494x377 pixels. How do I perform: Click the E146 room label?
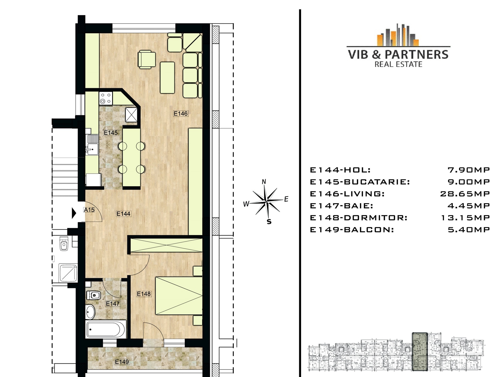181,113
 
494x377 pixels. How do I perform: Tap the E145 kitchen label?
111,133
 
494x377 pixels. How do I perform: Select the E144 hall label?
123,214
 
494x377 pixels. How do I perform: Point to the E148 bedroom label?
144,294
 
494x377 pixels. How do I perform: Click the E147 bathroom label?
113,304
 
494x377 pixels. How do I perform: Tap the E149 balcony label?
122,362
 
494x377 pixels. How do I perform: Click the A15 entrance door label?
89,210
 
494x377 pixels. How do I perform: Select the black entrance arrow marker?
74,213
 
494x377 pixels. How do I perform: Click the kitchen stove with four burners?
106,98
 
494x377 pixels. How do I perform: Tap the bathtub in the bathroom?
106,329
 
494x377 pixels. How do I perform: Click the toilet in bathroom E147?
93,295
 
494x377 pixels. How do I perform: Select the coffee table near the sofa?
167,77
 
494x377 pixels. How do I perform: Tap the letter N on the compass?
264,182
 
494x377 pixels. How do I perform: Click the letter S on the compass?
269,222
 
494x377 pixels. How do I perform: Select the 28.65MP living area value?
465,194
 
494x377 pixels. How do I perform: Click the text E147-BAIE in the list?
342,206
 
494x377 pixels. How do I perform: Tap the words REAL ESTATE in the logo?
398,64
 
